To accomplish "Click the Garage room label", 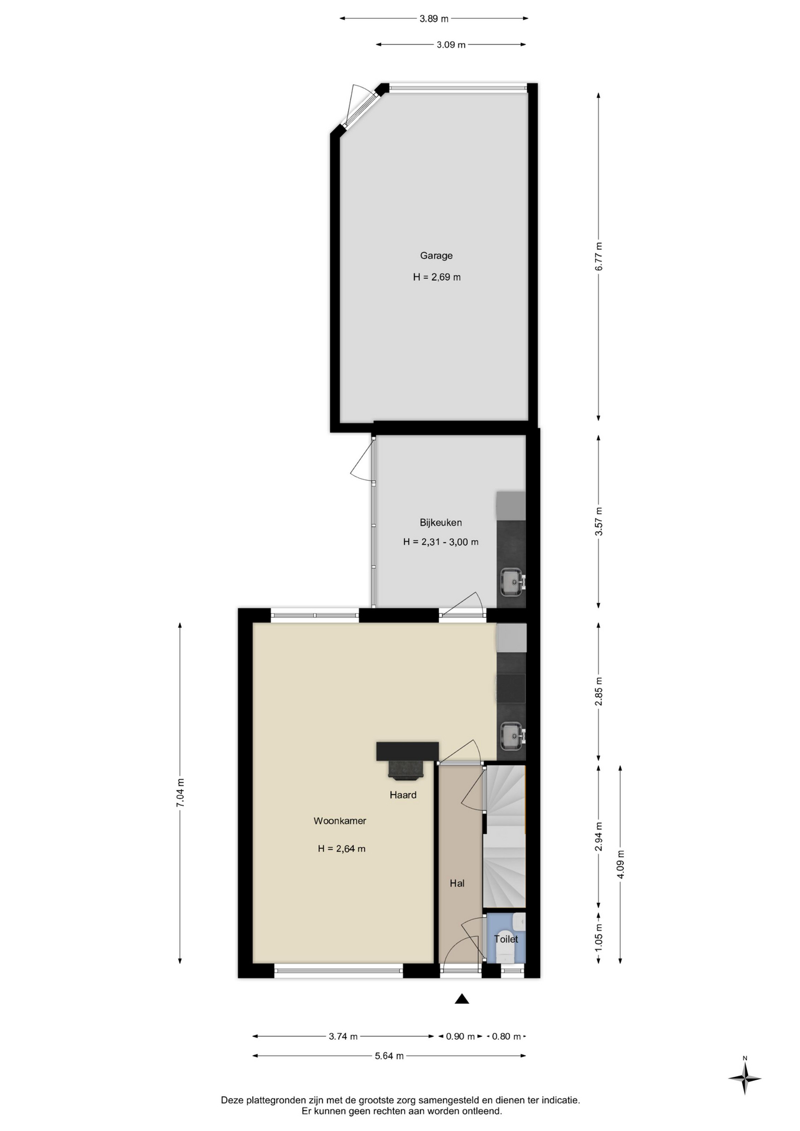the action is [436, 256].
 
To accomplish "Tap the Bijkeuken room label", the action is [441, 522].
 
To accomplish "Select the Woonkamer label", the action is [340, 821].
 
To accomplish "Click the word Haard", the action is [403, 795].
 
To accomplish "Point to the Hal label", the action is [457, 883].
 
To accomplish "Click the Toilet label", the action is [506, 939].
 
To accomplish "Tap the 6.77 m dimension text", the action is [599, 257].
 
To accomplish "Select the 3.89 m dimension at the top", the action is [434, 19].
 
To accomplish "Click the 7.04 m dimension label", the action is [180, 793].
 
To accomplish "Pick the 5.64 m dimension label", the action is [389, 1056].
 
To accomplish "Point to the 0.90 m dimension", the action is [460, 1036].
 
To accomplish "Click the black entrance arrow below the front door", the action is [462, 998].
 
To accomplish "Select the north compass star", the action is [745, 1078].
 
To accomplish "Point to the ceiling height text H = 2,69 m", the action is [437, 277].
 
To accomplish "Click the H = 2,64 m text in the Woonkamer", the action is [342, 849].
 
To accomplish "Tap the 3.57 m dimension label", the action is [599, 521].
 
